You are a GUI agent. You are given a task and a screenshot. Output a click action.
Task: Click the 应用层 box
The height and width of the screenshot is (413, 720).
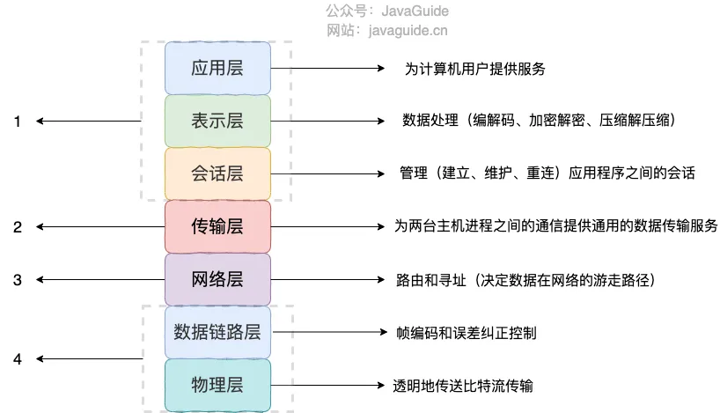pos(217,68)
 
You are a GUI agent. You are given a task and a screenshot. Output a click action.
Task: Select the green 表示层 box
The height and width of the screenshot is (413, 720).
pos(217,121)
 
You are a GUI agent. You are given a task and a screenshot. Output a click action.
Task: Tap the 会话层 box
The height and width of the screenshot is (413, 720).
pos(217,173)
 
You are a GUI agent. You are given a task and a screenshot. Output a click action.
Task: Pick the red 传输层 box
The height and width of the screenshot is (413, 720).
pos(217,226)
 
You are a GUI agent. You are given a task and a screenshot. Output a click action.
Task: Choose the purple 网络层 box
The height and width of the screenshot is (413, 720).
pos(217,279)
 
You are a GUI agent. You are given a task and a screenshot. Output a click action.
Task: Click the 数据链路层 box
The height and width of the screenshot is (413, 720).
pos(217,332)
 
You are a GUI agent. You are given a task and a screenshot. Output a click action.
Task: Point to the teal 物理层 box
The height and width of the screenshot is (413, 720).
pos(217,385)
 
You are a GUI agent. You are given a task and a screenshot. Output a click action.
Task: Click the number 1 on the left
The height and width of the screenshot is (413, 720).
pos(17,122)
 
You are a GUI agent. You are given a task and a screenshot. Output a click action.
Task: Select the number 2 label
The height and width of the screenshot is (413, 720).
pos(17,227)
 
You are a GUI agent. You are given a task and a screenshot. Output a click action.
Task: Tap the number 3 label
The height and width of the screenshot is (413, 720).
pos(17,280)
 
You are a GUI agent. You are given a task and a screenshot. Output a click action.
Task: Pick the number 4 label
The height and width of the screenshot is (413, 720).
pos(17,359)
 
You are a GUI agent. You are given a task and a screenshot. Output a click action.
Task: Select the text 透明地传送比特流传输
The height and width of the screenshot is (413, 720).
pos(463,386)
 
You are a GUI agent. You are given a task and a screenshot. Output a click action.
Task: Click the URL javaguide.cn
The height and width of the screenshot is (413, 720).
pos(413,30)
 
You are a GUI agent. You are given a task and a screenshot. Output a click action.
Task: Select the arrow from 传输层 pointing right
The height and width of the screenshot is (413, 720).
pos(326,226)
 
